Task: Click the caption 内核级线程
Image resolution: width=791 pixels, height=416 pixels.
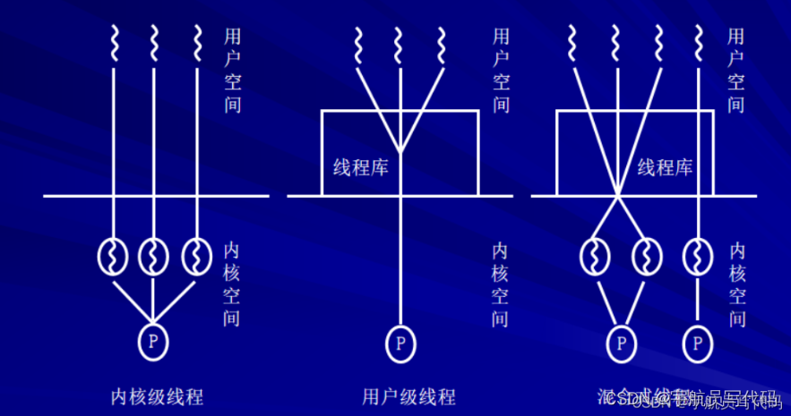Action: [x=157, y=395]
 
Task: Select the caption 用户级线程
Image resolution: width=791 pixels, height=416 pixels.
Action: [x=408, y=395]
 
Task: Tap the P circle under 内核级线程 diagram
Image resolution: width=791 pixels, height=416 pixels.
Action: [x=152, y=340]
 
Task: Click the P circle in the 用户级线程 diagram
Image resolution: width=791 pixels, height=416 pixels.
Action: [x=400, y=343]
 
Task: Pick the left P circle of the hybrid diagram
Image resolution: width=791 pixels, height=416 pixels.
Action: [x=619, y=343]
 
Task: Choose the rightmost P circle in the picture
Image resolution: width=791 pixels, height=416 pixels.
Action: [x=697, y=343]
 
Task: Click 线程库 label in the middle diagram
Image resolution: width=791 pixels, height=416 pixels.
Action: [x=360, y=166]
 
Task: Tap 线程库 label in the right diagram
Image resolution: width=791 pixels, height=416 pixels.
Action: [x=665, y=166]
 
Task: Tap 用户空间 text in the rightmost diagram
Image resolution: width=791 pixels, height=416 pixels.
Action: [x=735, y=72]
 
